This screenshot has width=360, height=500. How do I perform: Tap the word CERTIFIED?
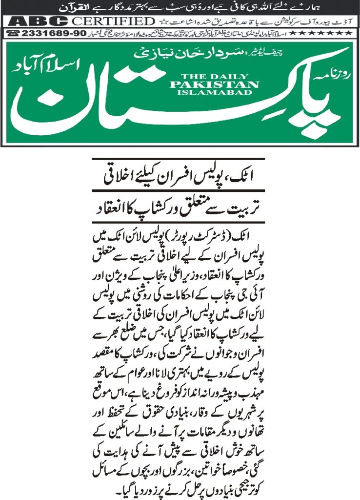[111, 21]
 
